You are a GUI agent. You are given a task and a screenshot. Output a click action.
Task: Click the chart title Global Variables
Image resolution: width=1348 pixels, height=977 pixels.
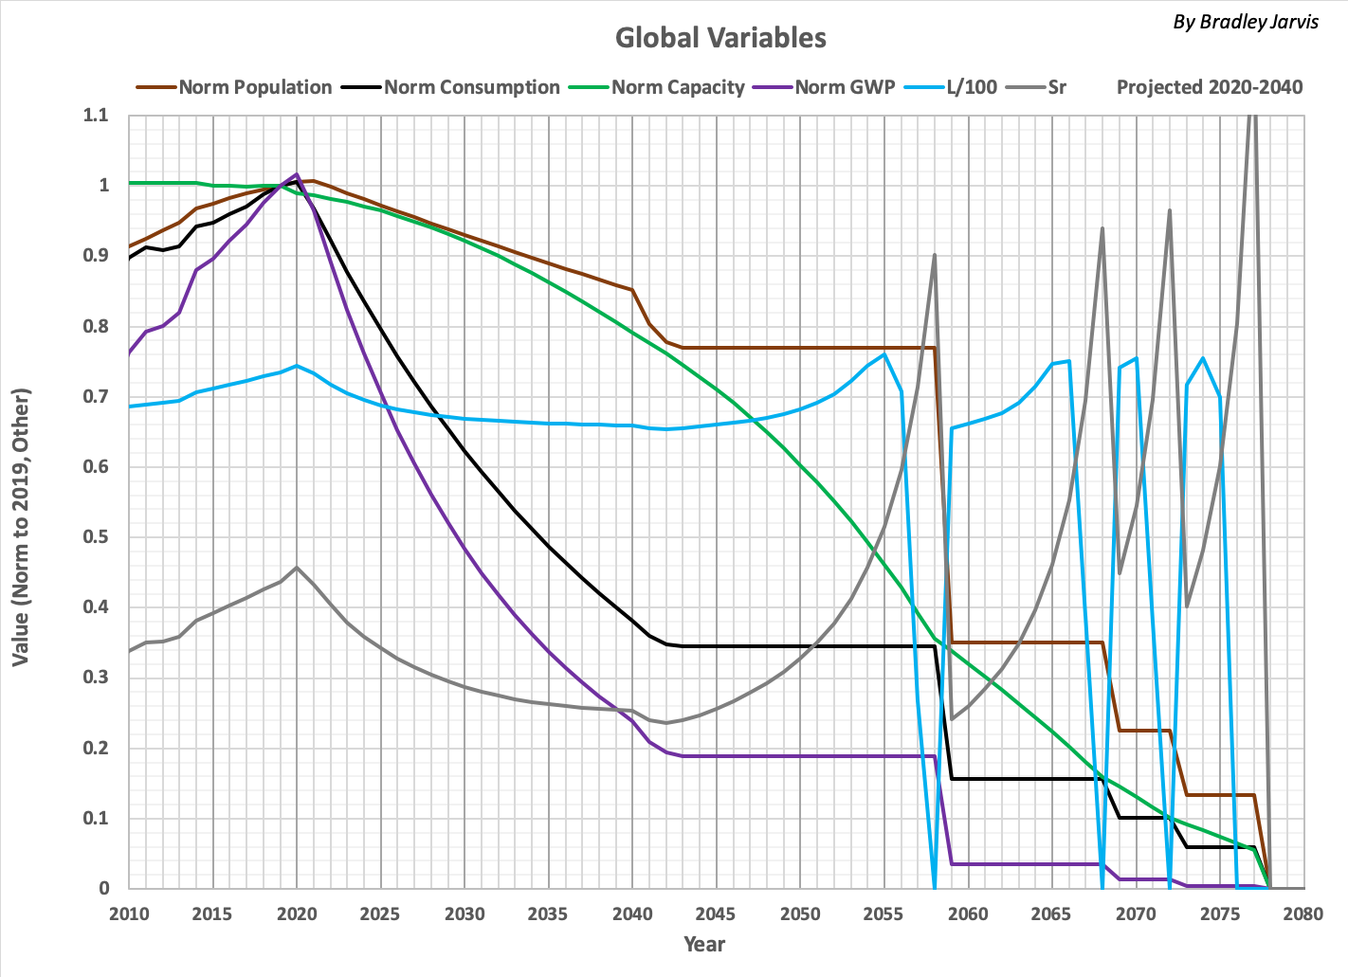click(x=720, y=38)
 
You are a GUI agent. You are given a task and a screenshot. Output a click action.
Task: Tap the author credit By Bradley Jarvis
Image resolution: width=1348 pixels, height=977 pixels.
click(x=1245, y=22)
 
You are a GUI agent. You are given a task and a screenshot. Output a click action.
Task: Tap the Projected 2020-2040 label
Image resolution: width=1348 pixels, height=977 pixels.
click(x=1209, y=87)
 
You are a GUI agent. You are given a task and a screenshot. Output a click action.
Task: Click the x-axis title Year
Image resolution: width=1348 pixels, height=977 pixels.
click(x=704, y=944)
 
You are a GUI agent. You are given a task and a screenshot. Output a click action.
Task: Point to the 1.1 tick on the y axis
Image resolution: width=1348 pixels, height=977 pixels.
click(x=98, y=116)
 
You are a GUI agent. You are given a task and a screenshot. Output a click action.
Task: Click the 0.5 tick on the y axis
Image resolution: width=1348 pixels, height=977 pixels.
click(x=98, y=537)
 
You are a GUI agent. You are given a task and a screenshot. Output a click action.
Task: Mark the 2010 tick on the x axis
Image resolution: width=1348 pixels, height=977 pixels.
click(x=129, y=914)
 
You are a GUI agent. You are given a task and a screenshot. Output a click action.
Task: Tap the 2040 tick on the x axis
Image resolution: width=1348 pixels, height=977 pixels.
click(x=632, y=914)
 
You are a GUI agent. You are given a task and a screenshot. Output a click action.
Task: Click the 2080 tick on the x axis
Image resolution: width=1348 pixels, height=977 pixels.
click(x=1303, y=914)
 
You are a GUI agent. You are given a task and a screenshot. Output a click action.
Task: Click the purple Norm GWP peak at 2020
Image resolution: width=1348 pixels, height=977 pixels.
click(x=297, y=174)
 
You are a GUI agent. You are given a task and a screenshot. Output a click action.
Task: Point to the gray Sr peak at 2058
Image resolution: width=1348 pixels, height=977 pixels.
click(x=935, y=254)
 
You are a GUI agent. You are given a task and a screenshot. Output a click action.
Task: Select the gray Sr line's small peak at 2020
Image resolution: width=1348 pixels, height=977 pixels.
click(x=297, y=567)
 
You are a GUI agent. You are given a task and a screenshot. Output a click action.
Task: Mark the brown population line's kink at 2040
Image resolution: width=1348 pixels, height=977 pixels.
click(x=632, y=290)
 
